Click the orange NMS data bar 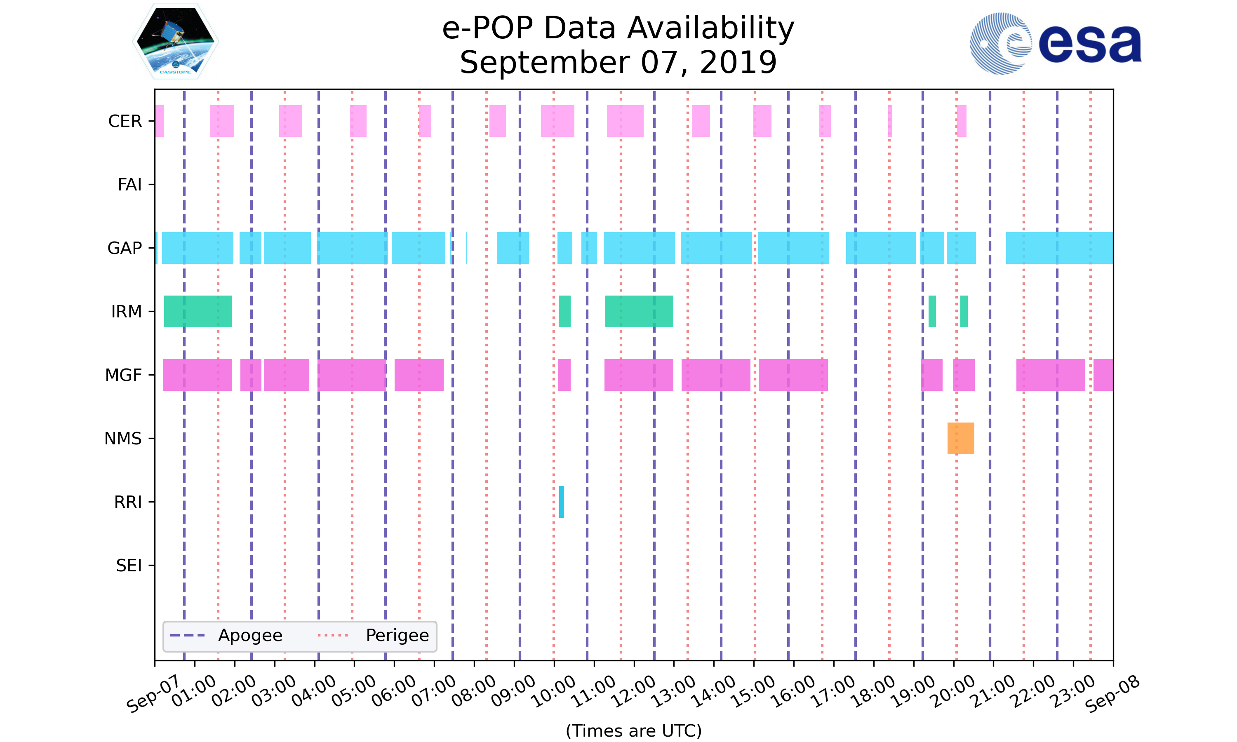click(x=960, y=438)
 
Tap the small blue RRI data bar click(x=561, y=502)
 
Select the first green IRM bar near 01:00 click(x=198, y=311)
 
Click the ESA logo click(x=1055, y=44)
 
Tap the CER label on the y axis click(x=125, y=121)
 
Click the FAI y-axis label click(x=129, y=185)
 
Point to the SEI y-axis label click(x=129, y=566)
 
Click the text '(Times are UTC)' click(x=633, y=730)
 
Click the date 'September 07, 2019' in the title click(x=618, y=63)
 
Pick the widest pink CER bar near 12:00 click(x=625, y=120)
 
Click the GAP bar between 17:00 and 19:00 click(x=880, y=247)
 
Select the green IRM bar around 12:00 click(x=639, y=311)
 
